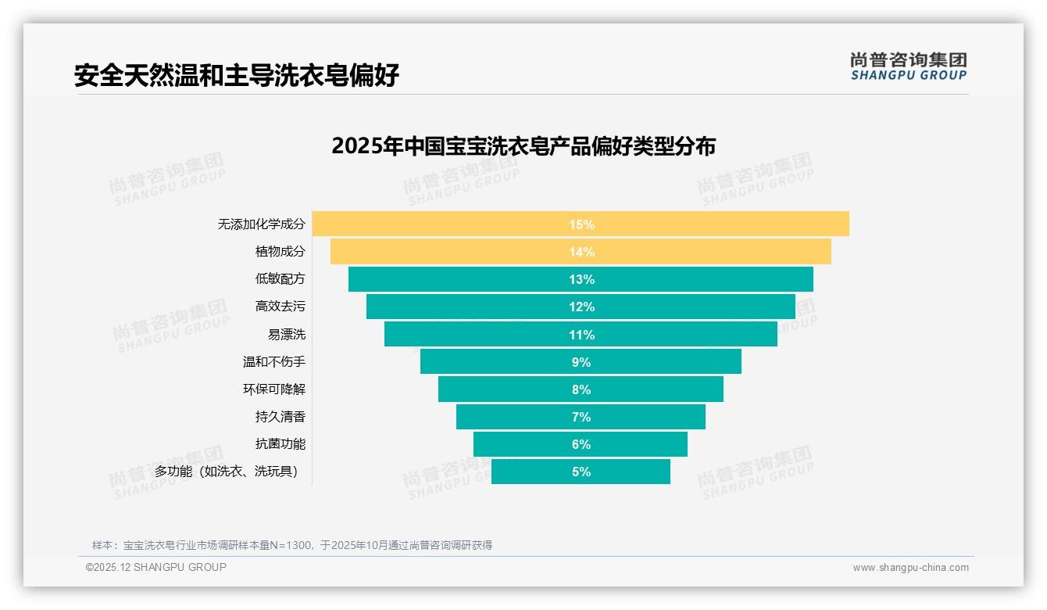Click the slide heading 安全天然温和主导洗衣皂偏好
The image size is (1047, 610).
237,75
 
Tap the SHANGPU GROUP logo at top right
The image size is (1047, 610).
908,66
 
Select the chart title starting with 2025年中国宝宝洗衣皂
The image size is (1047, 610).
523,146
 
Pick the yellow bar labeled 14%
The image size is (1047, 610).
581,252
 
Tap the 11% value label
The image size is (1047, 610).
581,335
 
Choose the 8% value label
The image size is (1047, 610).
581,389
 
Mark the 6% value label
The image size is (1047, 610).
581,444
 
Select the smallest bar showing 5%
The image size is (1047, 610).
581,472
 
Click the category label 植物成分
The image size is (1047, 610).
280,252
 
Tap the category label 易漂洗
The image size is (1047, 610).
286,335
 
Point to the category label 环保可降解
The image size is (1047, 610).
273,389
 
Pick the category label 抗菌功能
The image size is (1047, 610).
280,444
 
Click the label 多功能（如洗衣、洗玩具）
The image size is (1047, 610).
226,472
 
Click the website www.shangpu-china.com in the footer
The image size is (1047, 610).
910,568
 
